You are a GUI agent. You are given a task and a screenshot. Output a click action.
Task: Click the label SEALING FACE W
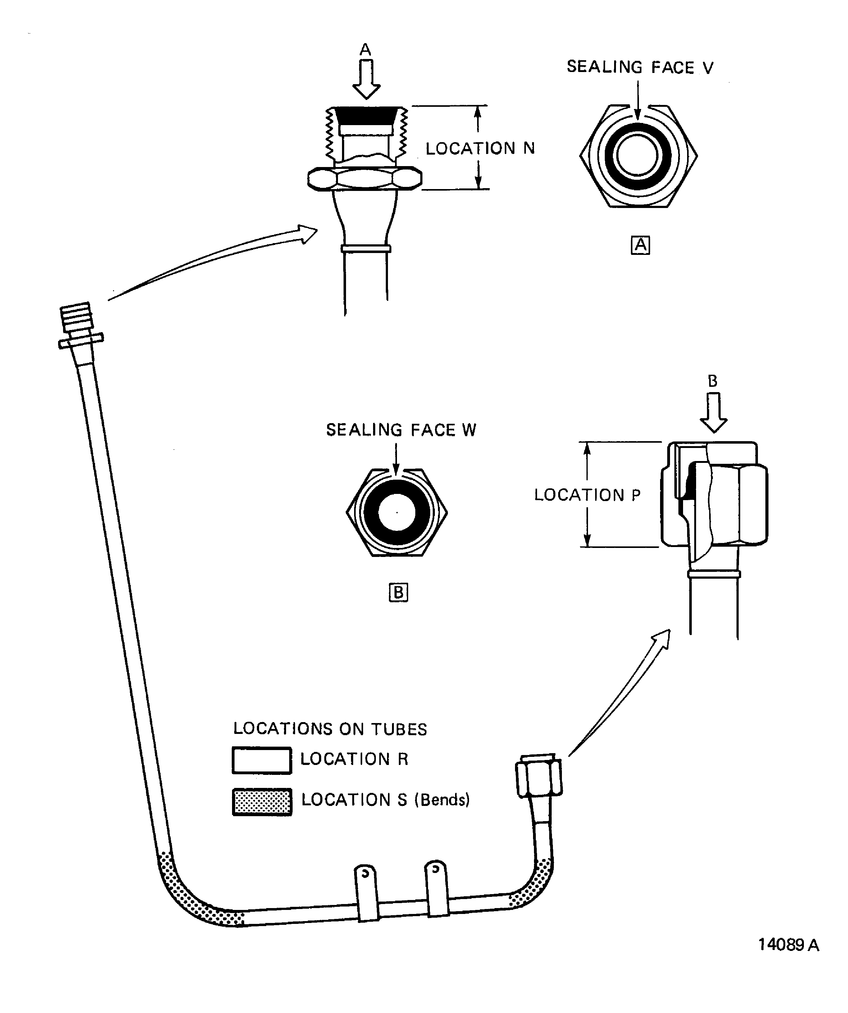click(401, 430)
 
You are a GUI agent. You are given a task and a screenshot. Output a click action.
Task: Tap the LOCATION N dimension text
click(480, 148)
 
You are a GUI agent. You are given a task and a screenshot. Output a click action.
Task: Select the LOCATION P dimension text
click(587, 495)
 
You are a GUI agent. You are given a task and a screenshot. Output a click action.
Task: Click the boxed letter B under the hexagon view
click(398, 592)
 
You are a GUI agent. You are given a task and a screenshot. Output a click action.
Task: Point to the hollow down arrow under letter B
click(713, 413)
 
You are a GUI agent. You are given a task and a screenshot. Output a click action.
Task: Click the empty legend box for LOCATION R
click(262, 760)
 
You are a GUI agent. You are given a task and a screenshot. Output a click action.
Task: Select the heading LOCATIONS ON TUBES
click(330, 729)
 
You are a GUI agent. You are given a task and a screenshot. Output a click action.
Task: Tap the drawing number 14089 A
click(788, 944)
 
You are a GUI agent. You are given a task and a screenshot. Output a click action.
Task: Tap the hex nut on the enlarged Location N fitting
click(364, 179)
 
